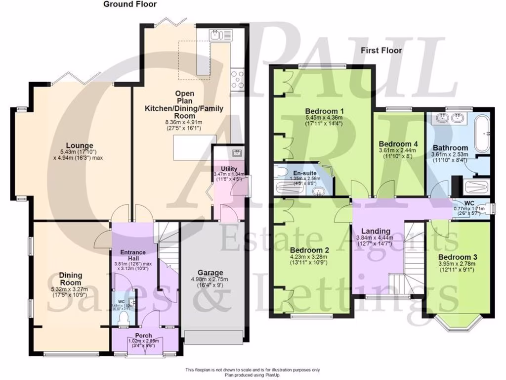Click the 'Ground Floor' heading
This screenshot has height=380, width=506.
click(130, 4)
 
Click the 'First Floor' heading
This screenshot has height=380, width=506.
click(381, 50)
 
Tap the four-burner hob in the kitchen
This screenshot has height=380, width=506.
click(238, 79)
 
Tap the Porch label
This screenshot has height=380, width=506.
click(144, 335)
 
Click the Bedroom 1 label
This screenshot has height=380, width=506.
click(325, 110)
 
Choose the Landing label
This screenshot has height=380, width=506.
click(376, 231)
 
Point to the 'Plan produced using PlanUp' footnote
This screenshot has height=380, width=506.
click(253, 375)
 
